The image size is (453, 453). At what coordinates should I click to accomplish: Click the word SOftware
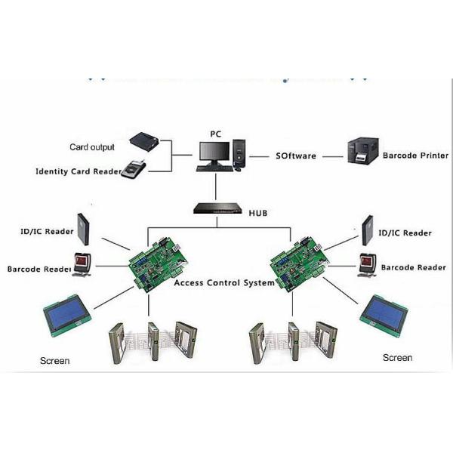pos(294,156)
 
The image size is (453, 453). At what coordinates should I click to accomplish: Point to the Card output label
pos(92,146)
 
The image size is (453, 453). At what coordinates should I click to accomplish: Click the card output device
pos(145,141)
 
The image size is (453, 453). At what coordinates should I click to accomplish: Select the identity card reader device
pos(137,168)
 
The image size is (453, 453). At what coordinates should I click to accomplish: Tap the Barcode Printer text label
pos(415,156)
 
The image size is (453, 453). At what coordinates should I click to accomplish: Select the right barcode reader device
pos(367,265)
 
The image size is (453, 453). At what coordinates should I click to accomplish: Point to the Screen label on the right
pos(397,357)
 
